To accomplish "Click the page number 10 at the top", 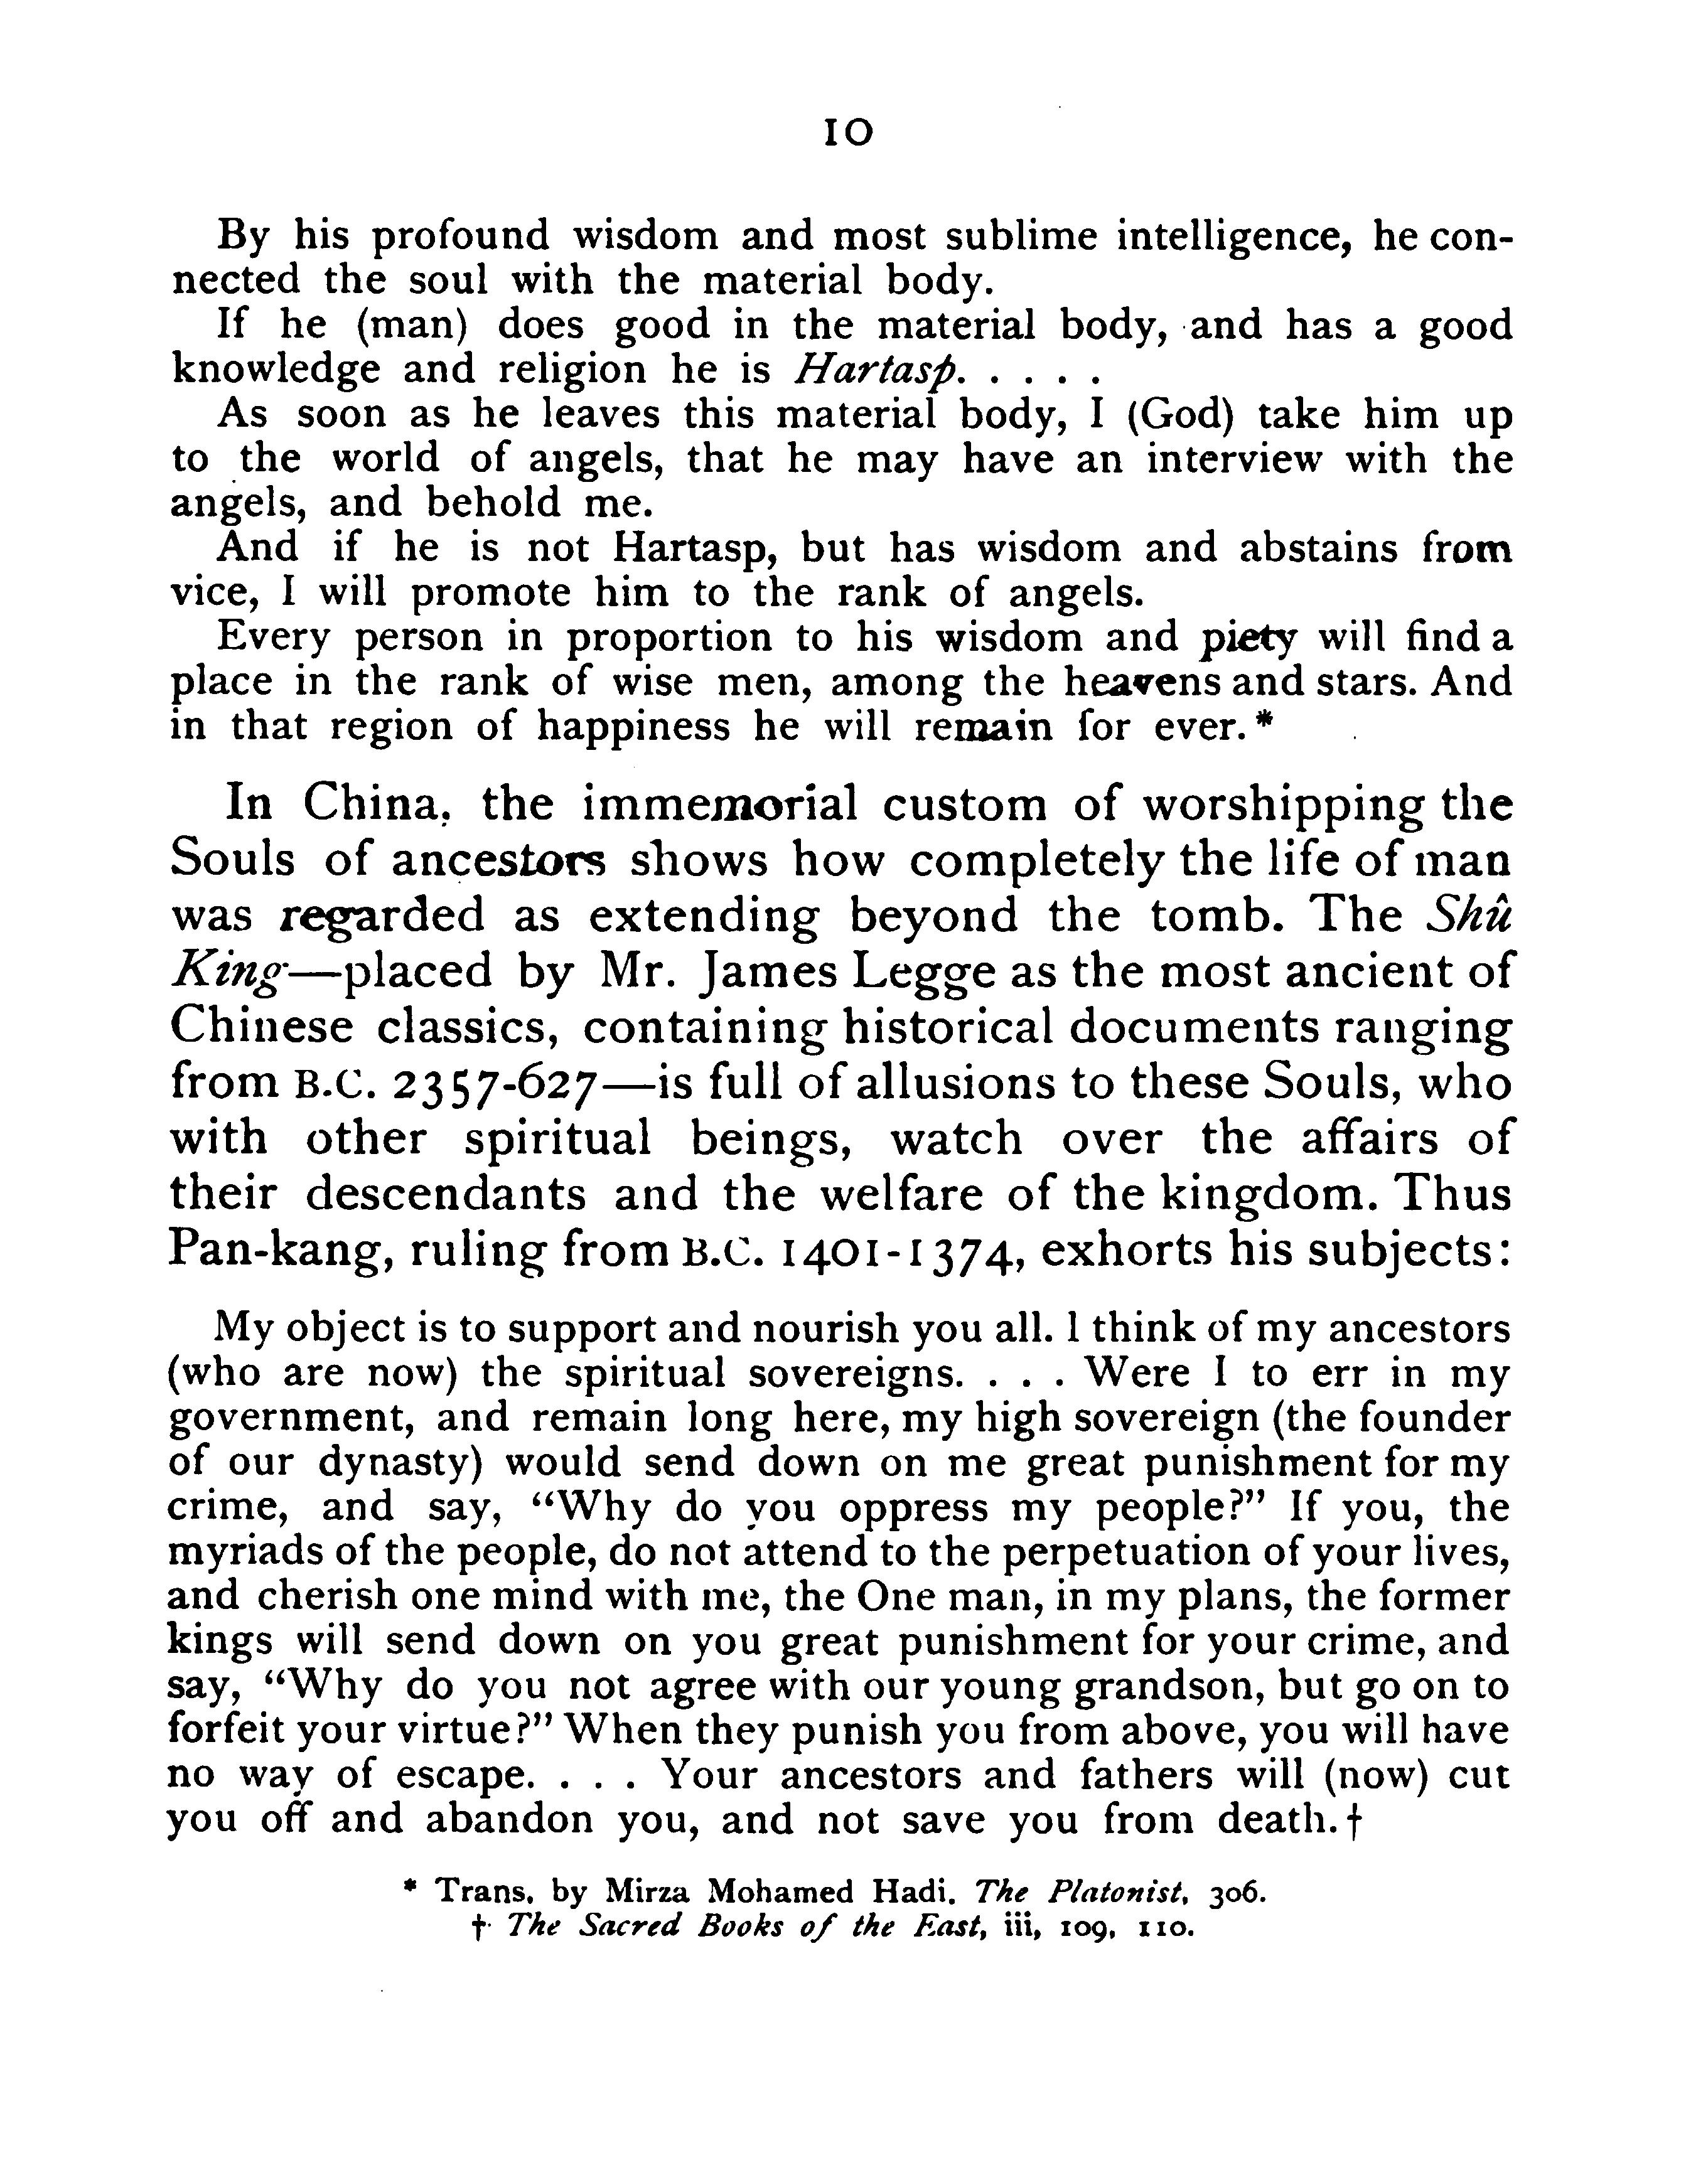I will point(849,133).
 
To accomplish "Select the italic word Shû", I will point(1470,915).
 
